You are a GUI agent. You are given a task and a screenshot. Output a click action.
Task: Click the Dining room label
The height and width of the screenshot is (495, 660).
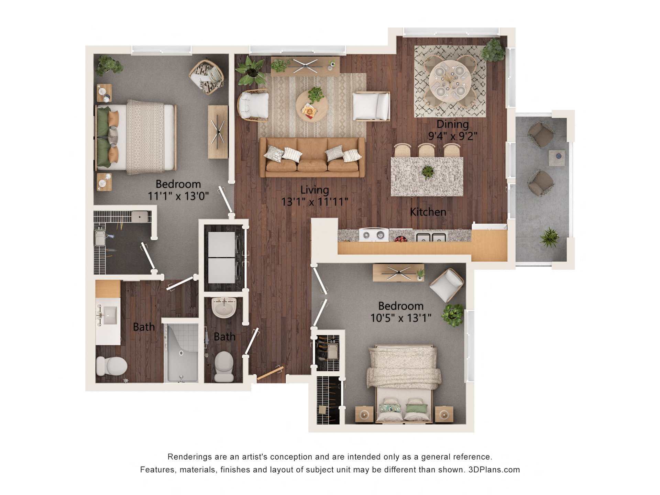pos(452,124)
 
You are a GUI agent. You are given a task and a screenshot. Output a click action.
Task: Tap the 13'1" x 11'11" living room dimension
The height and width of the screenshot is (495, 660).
pos(315,202)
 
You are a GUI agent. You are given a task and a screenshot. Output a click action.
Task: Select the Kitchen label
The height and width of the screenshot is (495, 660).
pos(428,212)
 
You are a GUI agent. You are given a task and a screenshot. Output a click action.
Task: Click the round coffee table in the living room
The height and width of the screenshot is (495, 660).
pos(311,106)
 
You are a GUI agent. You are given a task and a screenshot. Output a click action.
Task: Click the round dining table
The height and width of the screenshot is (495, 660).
pos(450,81)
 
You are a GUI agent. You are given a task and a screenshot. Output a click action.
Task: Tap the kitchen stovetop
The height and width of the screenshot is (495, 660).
pos(373,235)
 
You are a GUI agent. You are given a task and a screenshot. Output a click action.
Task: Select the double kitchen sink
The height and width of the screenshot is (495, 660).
pos(431,237)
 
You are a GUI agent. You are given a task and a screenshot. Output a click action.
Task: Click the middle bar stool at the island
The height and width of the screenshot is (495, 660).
pos(427,150)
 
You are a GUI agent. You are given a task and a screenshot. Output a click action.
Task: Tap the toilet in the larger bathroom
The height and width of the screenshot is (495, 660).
pos(111,366)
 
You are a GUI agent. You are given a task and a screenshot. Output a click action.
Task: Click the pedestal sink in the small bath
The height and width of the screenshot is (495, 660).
pos(224,307)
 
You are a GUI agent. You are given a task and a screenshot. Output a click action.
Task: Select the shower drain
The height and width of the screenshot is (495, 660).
pos(181,353)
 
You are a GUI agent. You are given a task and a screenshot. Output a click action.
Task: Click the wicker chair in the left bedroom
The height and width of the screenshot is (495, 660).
pos(207,77)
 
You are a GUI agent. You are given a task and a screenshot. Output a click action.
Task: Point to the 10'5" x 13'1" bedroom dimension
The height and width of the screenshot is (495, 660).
pos(400,318)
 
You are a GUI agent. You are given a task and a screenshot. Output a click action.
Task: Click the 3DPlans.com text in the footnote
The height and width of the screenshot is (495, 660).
pos(494,470)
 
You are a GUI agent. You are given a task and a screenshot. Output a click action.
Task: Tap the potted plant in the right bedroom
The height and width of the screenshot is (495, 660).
pos(453,315)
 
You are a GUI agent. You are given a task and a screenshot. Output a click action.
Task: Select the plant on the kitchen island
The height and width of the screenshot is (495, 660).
pos(428,172)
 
